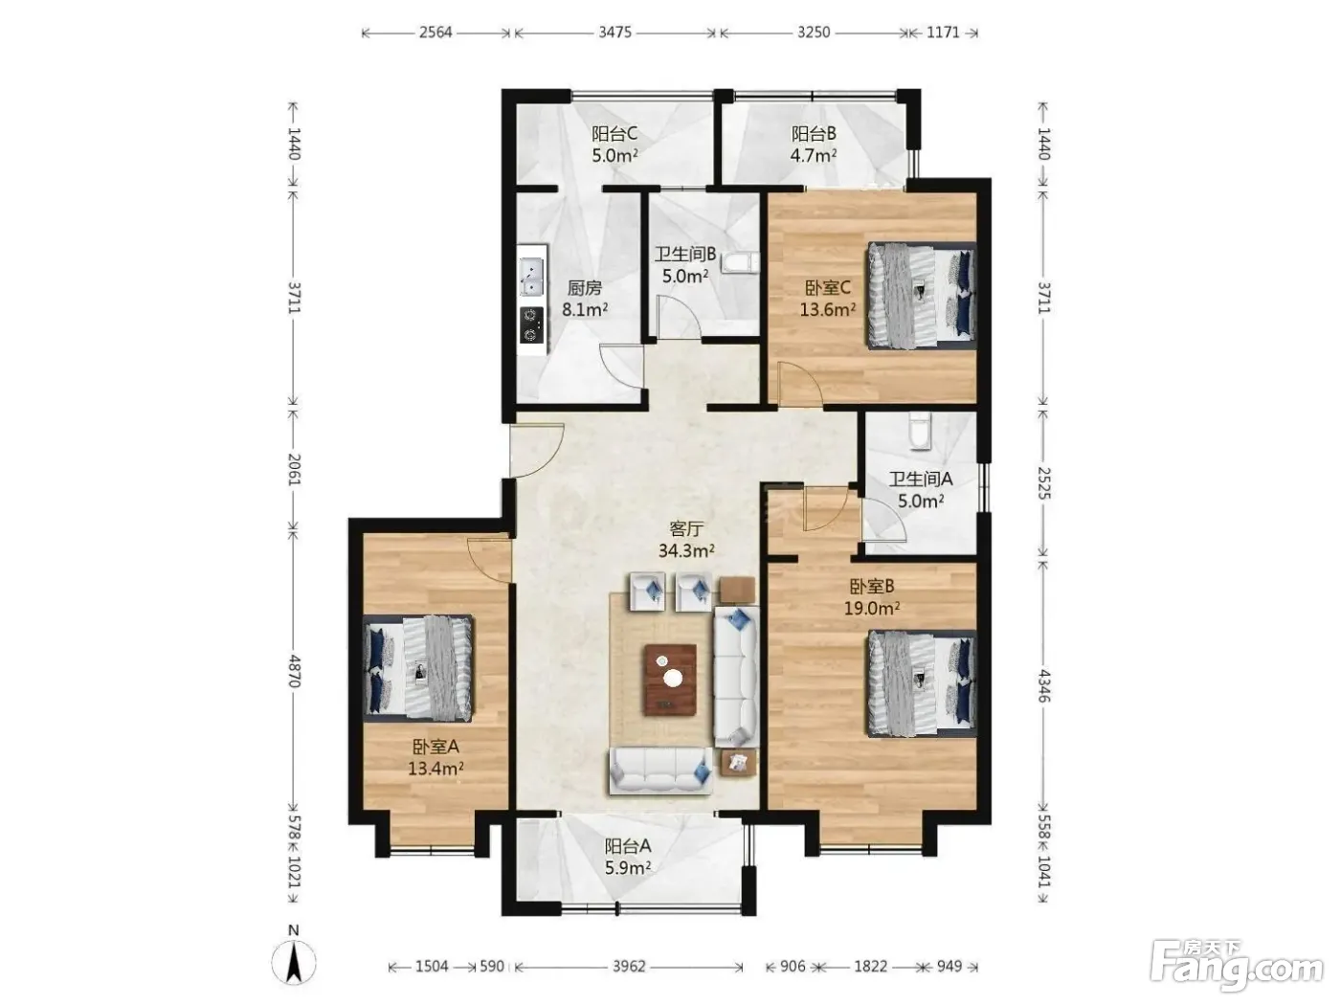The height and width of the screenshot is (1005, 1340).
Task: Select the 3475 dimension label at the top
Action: pyautogui.click(x=614, y=33)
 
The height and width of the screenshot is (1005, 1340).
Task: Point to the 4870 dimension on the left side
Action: pyautogui.click(x=294, y=671)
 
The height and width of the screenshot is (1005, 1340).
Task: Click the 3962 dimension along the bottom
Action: pyautogui.click(x=628, y=966)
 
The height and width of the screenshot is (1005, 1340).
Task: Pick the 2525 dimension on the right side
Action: pyautogui.click(x=1043, y=482)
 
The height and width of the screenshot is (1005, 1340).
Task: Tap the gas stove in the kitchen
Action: pyautogui.click(x=531, y=324)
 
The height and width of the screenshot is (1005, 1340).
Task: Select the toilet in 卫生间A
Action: pyautogui.click(x=920, y=431)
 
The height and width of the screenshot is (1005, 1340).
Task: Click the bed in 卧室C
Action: pyautogui.click(x=921, y=296)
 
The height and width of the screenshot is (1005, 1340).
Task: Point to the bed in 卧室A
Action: pyautogui.click(x=417, y=668)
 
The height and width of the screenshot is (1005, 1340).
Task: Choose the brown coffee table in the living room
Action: pyautogui.click(x=670, y=680)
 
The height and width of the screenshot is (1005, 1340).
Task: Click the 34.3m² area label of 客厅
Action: pyautogui.click(x=686, y=550)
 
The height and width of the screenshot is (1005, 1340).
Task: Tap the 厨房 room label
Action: pyautogui.click(x=584, y=287)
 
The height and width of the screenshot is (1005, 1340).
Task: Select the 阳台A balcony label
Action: pyautogui.click(x=628, y=846)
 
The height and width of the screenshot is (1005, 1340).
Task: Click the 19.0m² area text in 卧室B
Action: pyautogui.click(x=871, y=608)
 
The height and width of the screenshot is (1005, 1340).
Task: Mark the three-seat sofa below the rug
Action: pyautogui.click(x=660, y=770)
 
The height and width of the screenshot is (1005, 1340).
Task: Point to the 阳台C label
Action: pyautogui.click(x=614, y=133)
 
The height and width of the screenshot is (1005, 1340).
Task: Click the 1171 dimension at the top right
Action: pyautogui.click(x=943, y=33)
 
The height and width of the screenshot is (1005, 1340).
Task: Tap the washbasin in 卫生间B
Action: pyautogui.click(x=740, y=263)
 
